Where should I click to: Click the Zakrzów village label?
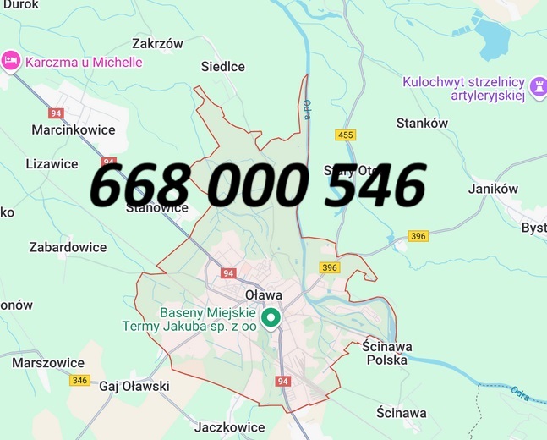click(158, 44)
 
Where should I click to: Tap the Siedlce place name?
click(223, 66)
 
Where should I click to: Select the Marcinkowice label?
click(73, 130)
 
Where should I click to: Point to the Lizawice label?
click(52, 163)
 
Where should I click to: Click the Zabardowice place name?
click(68, 247)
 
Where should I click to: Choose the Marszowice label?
click(48, 362)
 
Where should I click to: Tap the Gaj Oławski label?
click(134, 386)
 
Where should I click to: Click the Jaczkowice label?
click(229, 427)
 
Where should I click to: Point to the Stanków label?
click(422, 123)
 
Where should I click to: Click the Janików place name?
click(493, 189)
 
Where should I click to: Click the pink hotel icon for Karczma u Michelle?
click(11, 61)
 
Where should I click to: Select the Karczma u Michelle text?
click(84, 62)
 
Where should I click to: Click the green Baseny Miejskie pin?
click(271, 318)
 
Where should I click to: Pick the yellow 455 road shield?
click(345, 135)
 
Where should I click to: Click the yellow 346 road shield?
click(79, 380)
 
